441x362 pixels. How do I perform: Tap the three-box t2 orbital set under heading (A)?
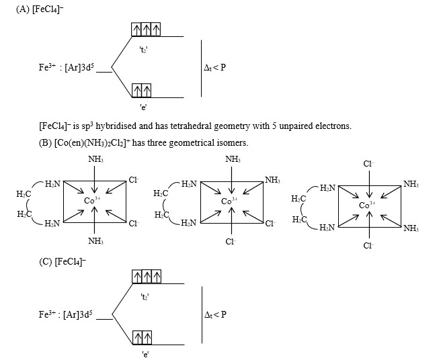point(146,30)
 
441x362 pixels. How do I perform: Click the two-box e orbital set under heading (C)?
point(141,336)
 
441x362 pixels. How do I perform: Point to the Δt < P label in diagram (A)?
point(214,68)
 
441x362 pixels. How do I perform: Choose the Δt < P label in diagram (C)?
point(214,314)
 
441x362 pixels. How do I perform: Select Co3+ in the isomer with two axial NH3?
point(93,200)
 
